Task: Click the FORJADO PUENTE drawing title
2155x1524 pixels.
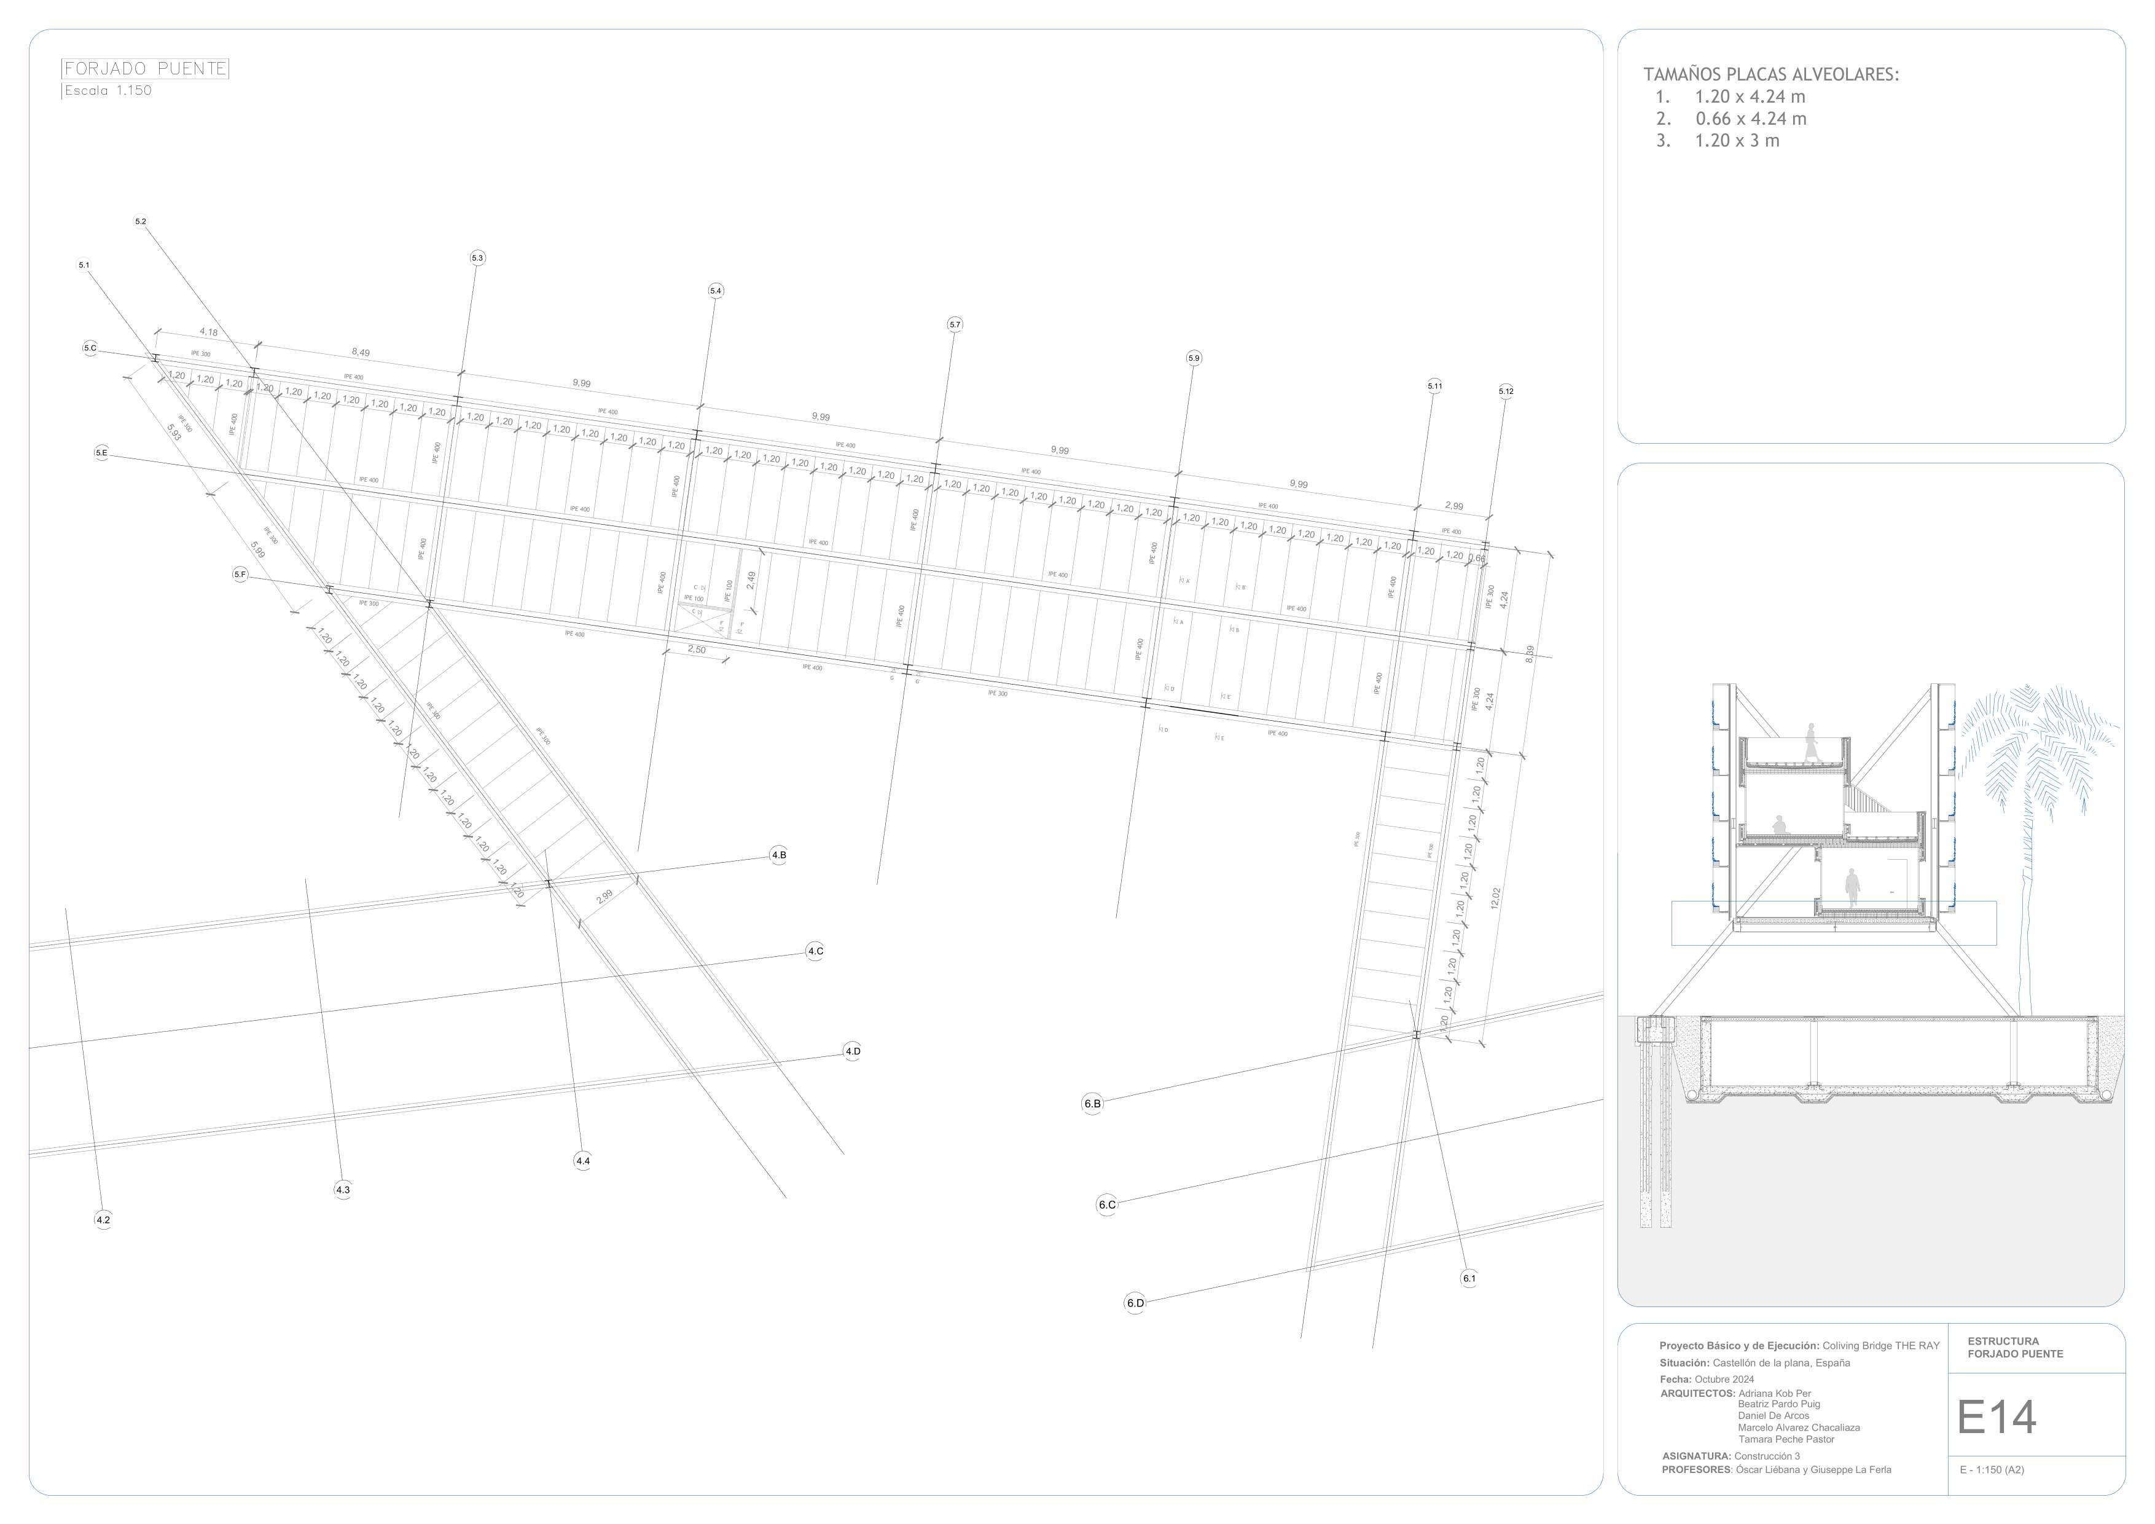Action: pos(144,69)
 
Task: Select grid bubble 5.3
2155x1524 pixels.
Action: pos(477,258)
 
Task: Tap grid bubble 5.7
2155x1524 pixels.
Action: pos(955,325)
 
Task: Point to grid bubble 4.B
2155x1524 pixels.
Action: pos(778,855)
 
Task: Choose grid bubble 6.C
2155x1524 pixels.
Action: pos(1106,1204)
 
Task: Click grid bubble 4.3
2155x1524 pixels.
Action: pos(343,1190)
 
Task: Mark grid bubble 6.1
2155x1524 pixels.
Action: pos(1469,1278)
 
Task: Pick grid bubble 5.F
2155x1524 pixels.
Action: pos(240,575)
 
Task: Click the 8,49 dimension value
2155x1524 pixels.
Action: pos(361,353)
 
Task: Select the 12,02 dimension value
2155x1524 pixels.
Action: pos(1495,898)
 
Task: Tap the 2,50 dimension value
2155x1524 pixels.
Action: pos(697,650)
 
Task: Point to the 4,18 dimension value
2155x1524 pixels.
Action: pos(208,332)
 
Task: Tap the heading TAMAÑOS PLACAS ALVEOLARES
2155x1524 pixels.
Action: pos(1770,75)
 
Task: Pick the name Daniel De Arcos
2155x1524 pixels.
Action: pos(1773,1415)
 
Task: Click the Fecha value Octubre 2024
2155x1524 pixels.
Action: pos(1724,1380)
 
